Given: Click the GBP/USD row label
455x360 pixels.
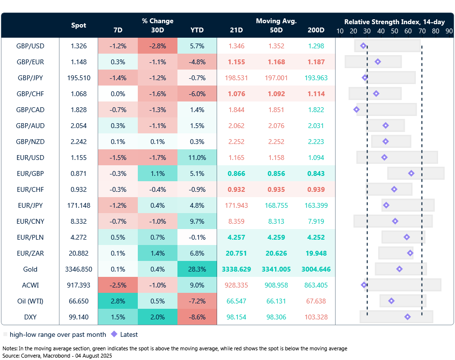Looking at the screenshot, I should tap(30, 46).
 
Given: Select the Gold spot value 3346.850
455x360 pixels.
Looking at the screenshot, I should tap(79, 269).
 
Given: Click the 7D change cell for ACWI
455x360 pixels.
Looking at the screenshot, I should tap(117, 285).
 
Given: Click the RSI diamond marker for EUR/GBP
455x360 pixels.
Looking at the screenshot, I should tap(411, 173).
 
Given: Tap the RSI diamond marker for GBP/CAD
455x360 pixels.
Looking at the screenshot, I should tap(356, 110).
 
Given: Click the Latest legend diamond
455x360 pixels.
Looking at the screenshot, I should tap(114, 334).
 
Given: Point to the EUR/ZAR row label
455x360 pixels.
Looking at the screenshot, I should tap(30, 253).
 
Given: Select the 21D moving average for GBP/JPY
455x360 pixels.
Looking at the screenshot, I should tap(236, 78).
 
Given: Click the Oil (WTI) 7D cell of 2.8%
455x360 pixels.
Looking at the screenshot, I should tap(117, 301).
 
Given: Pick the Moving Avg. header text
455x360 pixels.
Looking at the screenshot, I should tap(276, 21).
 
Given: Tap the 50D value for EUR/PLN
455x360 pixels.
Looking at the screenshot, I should tap(277, 237).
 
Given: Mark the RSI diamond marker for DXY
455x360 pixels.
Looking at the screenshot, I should tap(408, 317).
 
